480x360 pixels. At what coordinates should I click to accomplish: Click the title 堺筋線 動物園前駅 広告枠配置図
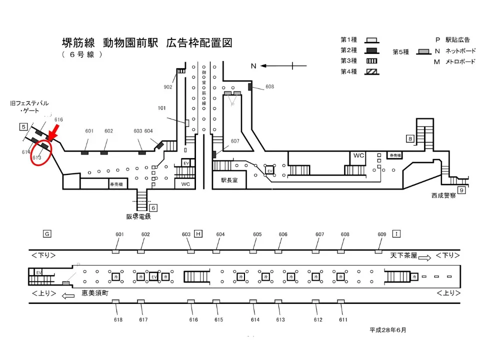click(142, 42)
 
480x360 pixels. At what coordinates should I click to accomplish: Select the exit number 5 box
click(23, 127)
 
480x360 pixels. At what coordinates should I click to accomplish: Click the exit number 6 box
click(153, 207)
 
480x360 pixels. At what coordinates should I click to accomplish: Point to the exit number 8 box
click(410, 139)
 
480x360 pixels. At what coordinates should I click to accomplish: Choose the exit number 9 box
click(461, 190)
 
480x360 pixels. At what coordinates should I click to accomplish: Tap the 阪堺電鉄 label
click(138, 217)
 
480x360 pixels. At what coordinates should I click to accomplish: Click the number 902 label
click(168, 86)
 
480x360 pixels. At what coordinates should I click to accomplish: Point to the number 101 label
click(161, 108)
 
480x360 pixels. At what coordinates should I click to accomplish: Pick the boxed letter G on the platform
click(47, 233)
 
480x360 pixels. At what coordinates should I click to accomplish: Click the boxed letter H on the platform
click(198, 233)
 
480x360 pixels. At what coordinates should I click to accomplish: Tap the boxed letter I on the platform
click(396, 233)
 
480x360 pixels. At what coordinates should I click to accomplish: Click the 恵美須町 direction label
click(95, 293)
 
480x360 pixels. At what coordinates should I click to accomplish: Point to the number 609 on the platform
click(382, 234)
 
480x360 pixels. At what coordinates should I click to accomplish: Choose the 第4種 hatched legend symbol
click(370, 71)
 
